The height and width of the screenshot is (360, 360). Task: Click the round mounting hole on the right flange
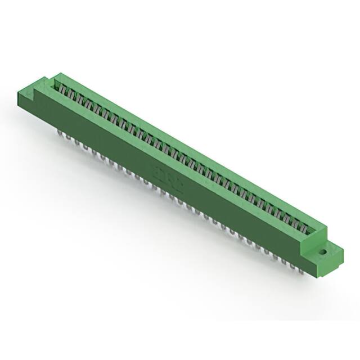point(324,253)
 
